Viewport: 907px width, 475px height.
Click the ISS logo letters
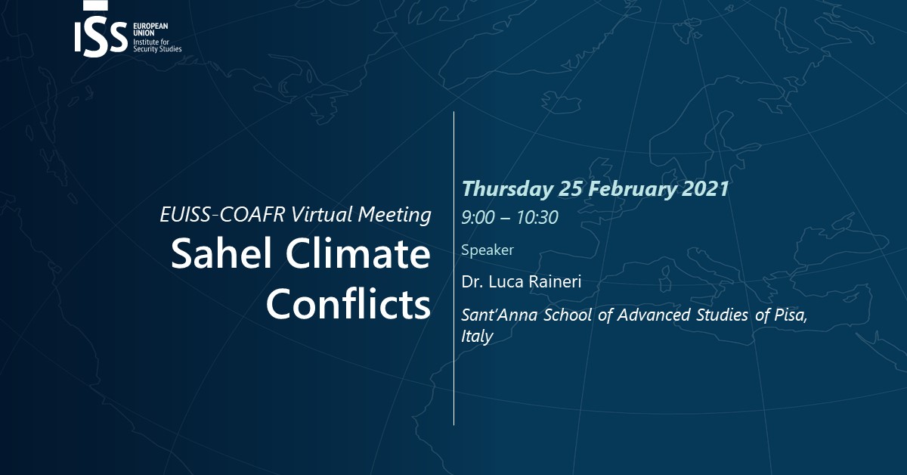(101, 36)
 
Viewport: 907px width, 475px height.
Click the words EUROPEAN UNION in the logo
(150, 29)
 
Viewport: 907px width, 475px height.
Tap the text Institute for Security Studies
(157, 45)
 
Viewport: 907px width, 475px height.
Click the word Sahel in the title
(221, 253)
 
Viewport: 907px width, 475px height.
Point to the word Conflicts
(348, 303)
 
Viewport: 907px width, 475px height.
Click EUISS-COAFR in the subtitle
(223, 214)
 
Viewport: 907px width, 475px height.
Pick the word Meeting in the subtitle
(395, 215)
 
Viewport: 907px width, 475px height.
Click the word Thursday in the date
(508, 189)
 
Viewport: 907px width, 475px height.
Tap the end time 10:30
(537, 218)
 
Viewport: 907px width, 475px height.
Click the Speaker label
(488, 250)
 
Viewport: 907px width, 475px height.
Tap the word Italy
(477, 337)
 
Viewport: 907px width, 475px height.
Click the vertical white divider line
(454, 269)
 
